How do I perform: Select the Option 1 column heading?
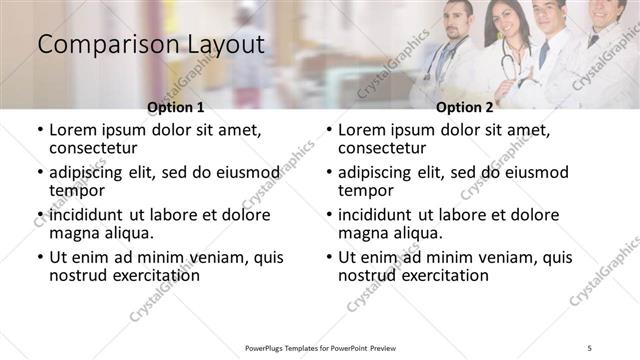[x=175, y=107]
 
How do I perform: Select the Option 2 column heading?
[x=464, y=107]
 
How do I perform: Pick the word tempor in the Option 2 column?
[x=365, y=191]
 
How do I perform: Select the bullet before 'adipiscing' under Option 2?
[x=329, y=173]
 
